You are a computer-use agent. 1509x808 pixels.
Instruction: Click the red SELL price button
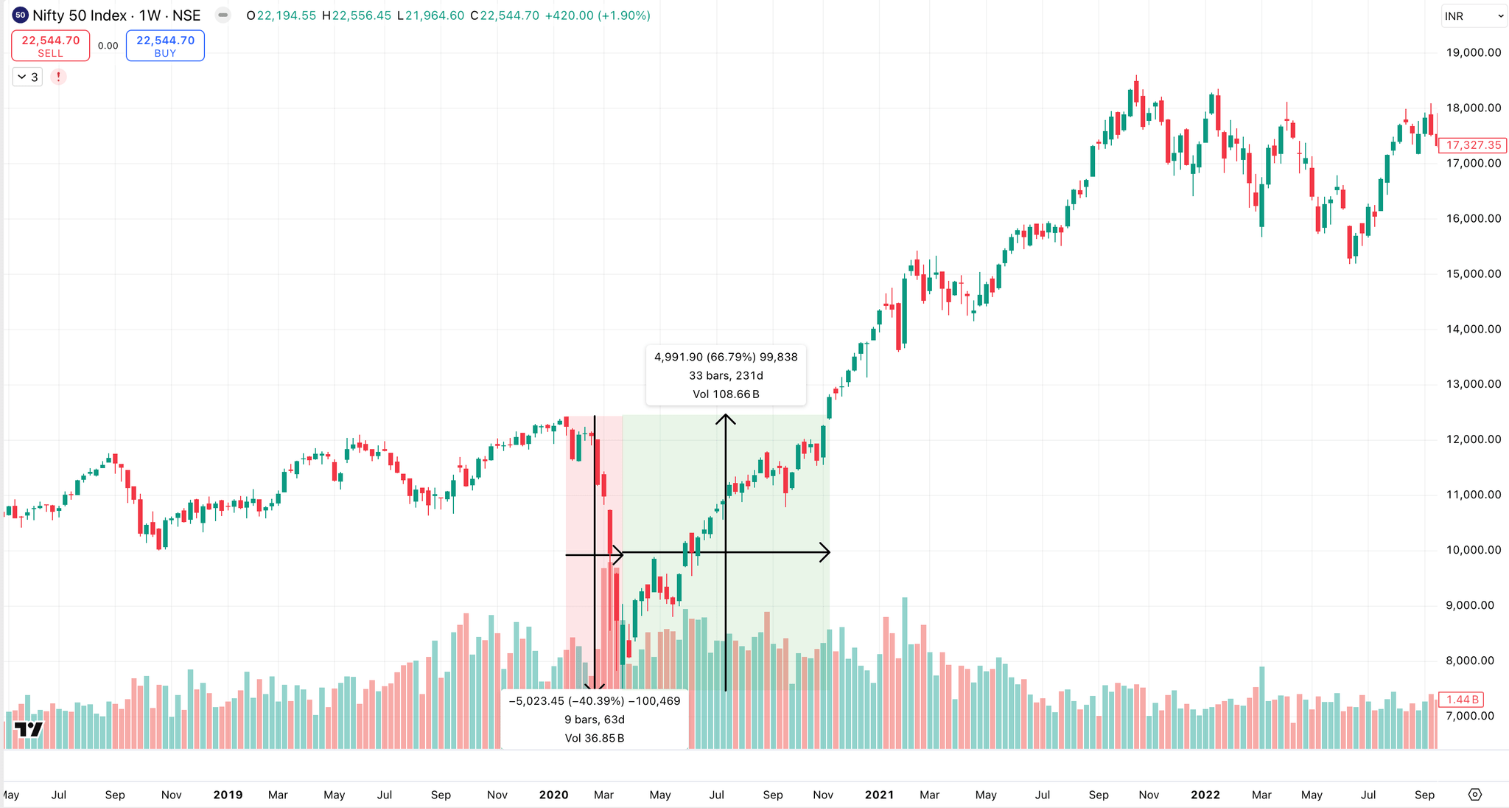click(x=50, y=46)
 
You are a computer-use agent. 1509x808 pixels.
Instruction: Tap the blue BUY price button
click(x=165, y=46)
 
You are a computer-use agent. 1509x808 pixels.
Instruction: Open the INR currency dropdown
click(x=1474, y=16)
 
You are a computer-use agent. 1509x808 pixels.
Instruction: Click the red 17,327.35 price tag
click(x=1473, y=145)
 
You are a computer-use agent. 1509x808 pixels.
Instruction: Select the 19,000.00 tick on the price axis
click(x=1474, y=52)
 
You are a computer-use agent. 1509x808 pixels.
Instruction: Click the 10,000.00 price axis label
click(x=1474, y=550)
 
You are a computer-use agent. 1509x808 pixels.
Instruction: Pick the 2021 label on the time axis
click(x=879, y=795)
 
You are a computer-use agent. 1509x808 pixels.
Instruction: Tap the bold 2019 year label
click(x=228, y=795)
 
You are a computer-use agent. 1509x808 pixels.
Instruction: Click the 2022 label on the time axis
click(x=1205, y=795)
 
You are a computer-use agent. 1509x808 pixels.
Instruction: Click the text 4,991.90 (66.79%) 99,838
click(x=726, y=357)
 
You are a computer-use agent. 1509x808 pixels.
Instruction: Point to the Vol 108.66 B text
click(x=726, y=394)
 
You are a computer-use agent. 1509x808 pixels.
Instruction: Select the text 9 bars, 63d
click(x=595, y=720)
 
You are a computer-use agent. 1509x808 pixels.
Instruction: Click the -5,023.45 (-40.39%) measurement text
click(x=595, y=701)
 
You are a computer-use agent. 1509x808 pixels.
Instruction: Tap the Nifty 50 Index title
click(x=116, y=15)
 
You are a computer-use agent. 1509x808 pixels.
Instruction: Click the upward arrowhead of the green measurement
click(x=726, y=419)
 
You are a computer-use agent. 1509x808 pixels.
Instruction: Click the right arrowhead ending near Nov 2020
click(x=826, y=552)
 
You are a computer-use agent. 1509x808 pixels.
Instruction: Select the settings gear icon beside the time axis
click(x=1474, y=795)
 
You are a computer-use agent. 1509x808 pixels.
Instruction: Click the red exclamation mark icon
click(x=58, y=77)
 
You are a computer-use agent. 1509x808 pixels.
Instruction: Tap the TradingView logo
click(x=29, y=729)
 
